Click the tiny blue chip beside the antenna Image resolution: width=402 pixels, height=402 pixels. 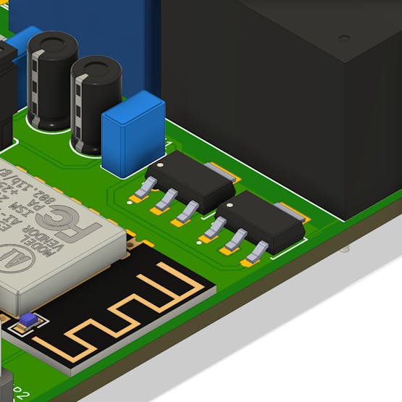tap(28, 319)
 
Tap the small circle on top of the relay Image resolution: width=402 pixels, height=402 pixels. tap(344, 38)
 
